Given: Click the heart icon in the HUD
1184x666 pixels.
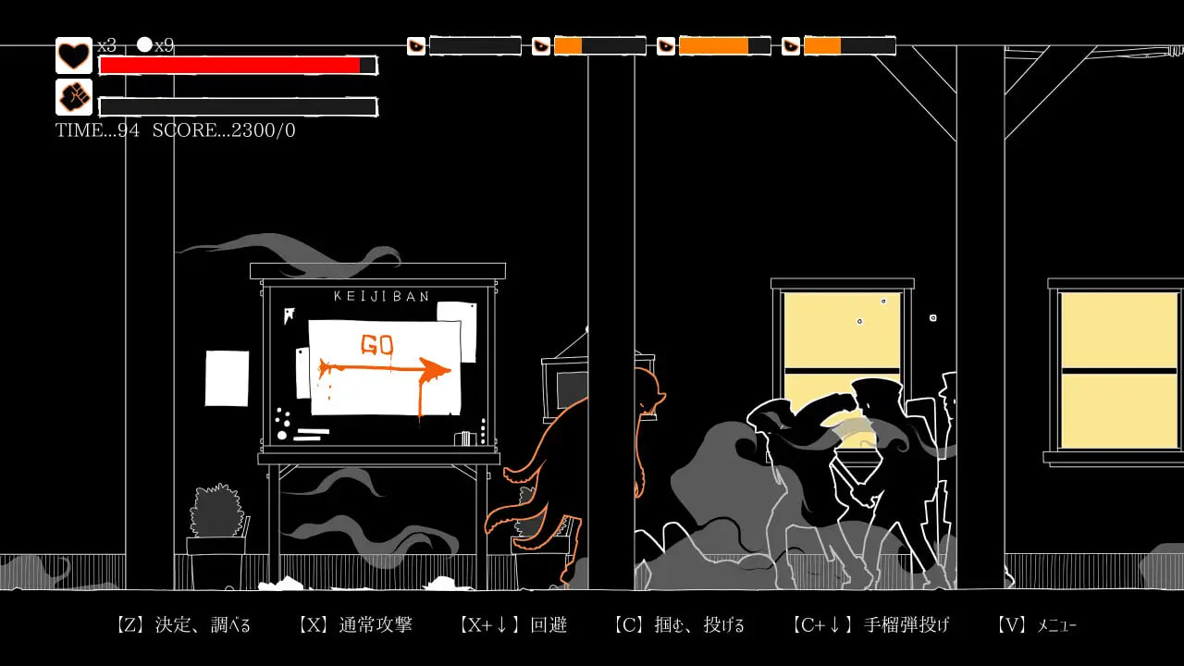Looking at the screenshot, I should coord(74,55).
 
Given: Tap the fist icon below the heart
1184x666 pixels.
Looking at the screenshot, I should coord(74,97).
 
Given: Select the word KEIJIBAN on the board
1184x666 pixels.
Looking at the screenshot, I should coord(380,296).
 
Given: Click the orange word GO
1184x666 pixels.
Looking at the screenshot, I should coord(376,345).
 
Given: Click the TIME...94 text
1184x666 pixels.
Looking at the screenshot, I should coord(97,130).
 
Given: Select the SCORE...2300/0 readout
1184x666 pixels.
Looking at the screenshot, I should coord(224,130).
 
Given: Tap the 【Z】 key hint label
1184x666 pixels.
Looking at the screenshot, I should coord(182,625).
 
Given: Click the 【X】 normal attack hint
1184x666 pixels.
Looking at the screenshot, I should coord(355,625).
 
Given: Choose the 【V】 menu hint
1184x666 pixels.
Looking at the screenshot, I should coord(1036,625).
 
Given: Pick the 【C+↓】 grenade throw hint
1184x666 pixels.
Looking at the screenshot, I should coord(870,625).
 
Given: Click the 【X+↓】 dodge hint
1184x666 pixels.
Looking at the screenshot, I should coord(512,625).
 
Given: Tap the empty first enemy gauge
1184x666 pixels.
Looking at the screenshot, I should coord(475,45).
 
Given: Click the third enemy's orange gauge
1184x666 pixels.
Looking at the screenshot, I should coord(714,45).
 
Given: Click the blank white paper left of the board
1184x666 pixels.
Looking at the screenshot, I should coord(227,377).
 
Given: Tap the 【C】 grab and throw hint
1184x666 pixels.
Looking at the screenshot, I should coord(678,625).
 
